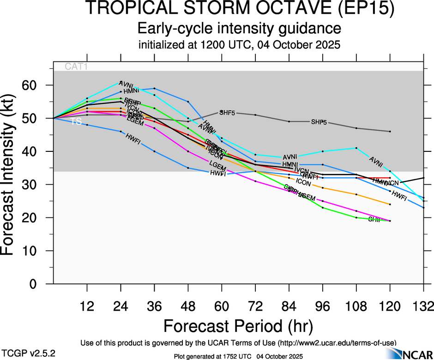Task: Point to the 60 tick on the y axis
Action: tap(39, 85)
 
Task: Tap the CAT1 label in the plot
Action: tap(76, 66)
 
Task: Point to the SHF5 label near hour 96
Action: tap(319, 122)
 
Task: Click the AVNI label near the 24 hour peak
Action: tap(126, 84)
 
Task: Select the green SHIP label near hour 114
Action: tap(374, 220)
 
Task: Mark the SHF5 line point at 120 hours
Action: tap(390, 132)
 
